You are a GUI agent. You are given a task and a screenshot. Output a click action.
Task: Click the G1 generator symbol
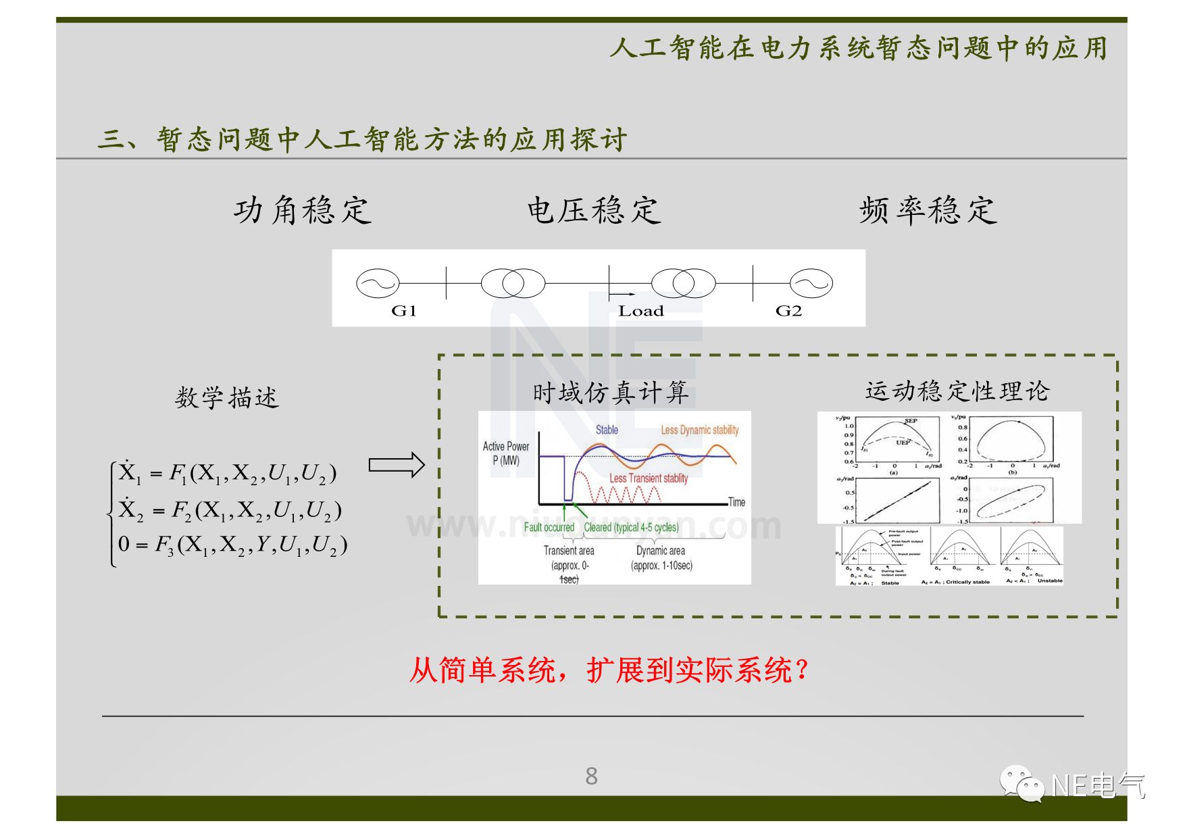[378, 283]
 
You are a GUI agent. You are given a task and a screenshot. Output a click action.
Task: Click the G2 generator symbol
[811, 283]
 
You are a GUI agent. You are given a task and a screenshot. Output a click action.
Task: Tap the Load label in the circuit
[640, 311]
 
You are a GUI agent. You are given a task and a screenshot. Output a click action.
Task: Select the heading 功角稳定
[303, 210]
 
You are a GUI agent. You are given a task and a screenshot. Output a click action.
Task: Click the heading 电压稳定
[593, 210]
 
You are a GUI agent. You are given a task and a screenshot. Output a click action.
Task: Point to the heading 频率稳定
[928, 210]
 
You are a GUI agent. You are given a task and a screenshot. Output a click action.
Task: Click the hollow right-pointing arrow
[396, 465]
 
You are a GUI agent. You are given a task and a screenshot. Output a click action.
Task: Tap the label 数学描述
[226, 397]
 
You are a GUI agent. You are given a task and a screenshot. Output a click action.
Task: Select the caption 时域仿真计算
[610, 392]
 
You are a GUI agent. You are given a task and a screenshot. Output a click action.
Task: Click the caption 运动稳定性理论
[957, 391]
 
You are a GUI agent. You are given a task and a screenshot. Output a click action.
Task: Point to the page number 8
[591, 776]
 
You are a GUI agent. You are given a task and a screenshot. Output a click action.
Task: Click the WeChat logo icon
[1022, 784]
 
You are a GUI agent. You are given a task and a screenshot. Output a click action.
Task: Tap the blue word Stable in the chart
[607, 430]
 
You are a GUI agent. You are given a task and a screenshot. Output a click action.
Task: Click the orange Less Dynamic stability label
[699, 430]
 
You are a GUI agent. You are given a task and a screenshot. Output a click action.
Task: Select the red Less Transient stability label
[649, 478]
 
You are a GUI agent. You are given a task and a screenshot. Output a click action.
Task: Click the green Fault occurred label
[549, 527]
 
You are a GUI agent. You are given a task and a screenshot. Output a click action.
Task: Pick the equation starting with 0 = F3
[232, 545]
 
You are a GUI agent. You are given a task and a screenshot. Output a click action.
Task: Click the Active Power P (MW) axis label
[506, 453]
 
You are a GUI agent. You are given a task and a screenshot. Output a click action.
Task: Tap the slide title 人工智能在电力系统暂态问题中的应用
[858, 49]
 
